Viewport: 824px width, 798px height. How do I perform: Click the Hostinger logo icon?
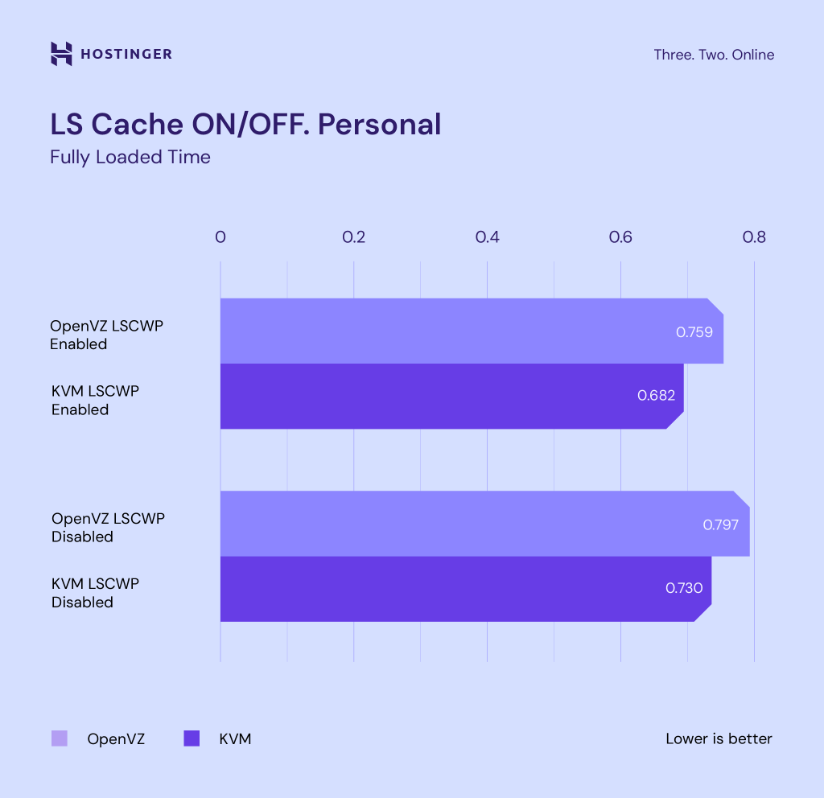point(61,54)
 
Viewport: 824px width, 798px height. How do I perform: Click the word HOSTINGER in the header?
point(126,55)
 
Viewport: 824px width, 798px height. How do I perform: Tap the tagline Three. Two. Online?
point(714,55)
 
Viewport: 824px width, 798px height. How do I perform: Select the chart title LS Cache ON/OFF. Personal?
point(245,124)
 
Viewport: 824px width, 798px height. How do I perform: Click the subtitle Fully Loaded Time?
point(130,157)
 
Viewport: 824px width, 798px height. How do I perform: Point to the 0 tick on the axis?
point(220,237)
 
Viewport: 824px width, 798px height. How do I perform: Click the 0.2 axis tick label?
point(353,237)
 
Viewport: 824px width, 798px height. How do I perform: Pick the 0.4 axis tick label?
point(487,237)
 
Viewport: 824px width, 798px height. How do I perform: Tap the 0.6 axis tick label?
point(620,237)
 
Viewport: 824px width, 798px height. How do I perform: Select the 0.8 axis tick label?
point(754,237)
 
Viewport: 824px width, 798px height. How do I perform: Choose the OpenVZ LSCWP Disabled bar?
point(459,523)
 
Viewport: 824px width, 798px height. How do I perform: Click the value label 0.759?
point(694,331)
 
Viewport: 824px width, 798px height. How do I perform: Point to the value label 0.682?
point(656,396)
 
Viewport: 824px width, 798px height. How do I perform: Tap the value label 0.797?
point(721,524)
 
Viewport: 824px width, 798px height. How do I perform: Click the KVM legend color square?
point(192,738)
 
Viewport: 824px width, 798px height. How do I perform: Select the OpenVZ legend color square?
point(60,738)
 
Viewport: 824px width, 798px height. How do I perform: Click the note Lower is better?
point(719,738)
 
